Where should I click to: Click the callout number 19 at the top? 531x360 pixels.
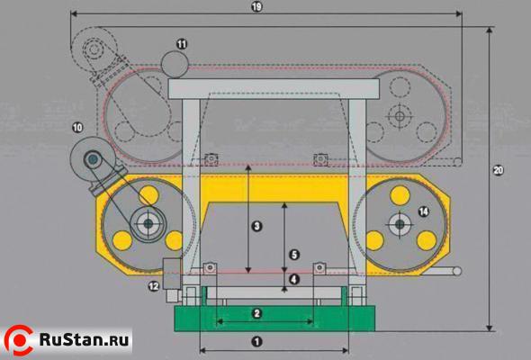coord(257,7)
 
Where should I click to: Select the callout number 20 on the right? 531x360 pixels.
coord(499,170)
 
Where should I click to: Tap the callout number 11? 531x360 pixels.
coord(182,44)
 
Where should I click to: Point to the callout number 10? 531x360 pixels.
coord(77,128)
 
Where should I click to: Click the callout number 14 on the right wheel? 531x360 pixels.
coord(423,212)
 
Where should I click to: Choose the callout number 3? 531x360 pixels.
coord(257,226)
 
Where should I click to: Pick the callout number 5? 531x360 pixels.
coord(294,255)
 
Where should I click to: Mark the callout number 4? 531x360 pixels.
coord(294,279)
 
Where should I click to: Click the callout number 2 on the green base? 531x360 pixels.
coord(257,313)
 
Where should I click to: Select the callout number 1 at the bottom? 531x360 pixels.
coord(257,342)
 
